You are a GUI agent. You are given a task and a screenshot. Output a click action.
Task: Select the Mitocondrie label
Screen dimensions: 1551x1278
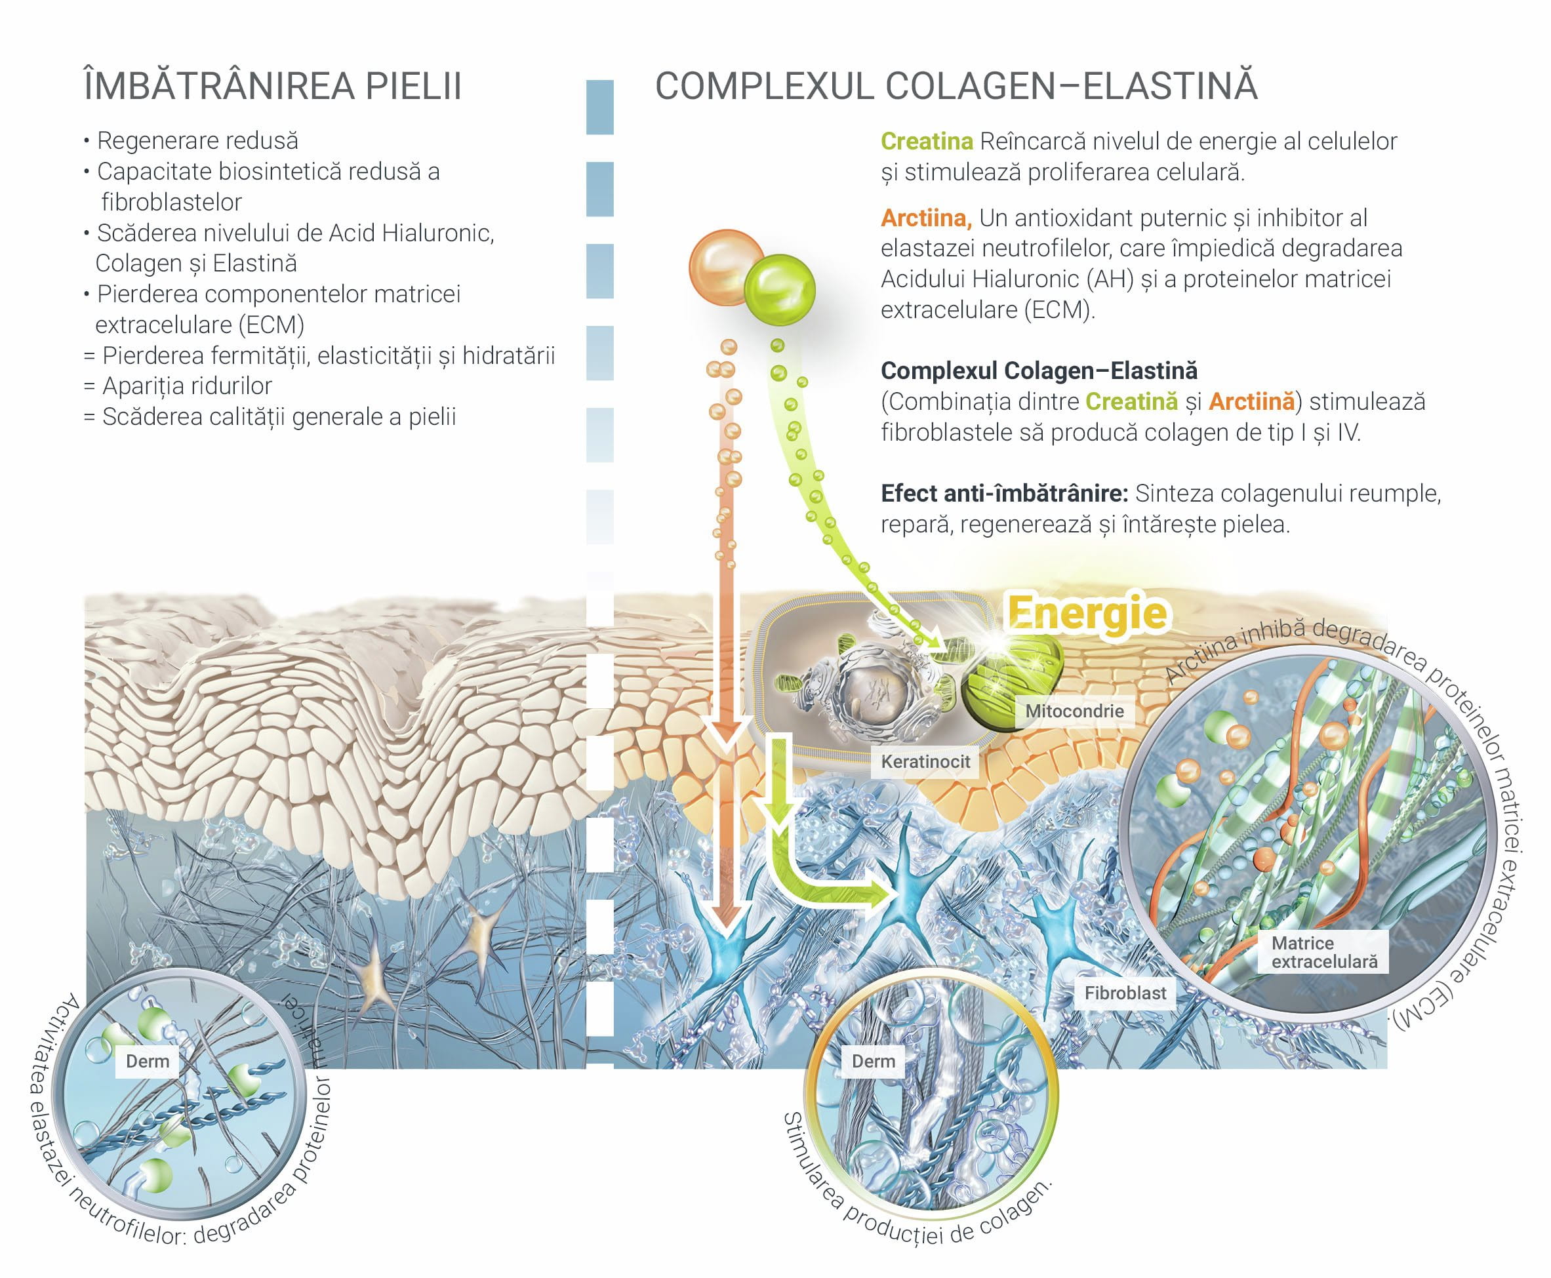pyautogui.click(x=1075, y=711)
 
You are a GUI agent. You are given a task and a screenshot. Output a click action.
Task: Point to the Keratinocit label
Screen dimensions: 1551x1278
pyautogui.click(x=925, y=761)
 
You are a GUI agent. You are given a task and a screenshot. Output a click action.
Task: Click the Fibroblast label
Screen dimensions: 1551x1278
pyautogui.click(x=1125, y=993)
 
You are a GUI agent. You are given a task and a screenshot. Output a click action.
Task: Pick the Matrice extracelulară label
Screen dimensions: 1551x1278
pyautogui.click(x=1324, y=953)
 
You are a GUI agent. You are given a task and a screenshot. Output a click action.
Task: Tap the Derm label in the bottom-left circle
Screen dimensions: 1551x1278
pyautogui.click(x=147, y=1062)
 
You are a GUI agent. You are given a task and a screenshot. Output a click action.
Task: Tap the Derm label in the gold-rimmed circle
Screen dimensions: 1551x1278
pyautogui.click(x=873, y=1062)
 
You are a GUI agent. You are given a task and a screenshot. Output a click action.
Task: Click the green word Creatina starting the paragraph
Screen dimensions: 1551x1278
pyautogui.click(x=927, y=142)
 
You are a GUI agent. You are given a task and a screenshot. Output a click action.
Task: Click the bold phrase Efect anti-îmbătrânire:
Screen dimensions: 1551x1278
pyautogui.click(x=1004, y=493)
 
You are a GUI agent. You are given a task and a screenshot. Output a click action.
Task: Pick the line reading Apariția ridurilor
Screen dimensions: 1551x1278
pyautogui.click(x=178, y=386)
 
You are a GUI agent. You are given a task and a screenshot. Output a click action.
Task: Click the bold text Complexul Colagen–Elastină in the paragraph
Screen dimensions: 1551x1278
pyautogui.click(x=1039, y=370)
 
